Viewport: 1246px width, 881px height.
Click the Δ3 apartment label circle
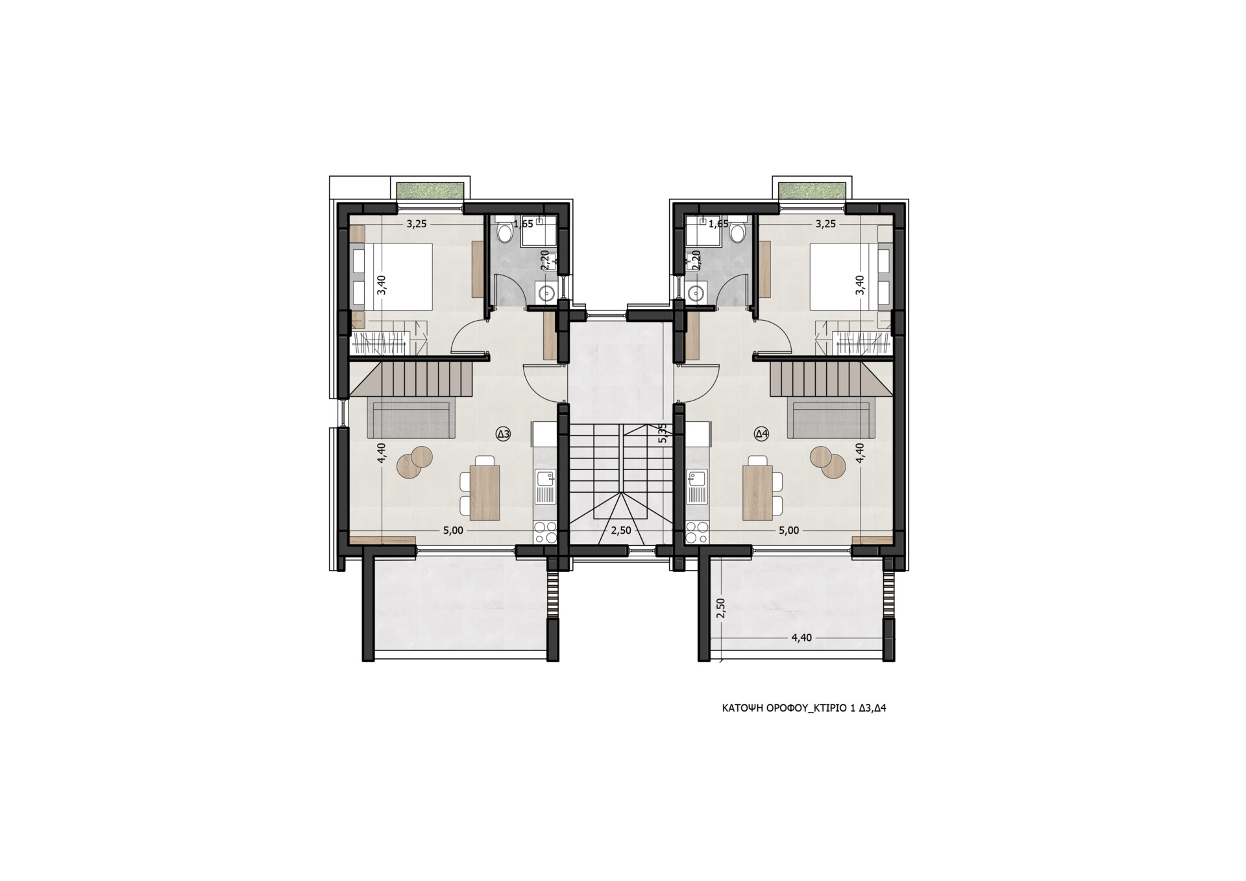(503, 434)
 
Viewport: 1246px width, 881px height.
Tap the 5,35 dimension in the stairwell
(662, 433)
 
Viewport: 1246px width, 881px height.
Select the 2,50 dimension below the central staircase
(621, 530)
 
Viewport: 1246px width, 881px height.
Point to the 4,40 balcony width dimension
(801, 638)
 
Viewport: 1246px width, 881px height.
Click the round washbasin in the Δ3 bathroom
(545, 293)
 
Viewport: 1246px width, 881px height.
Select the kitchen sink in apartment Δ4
(698, 487)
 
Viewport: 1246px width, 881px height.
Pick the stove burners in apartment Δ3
(545, 532)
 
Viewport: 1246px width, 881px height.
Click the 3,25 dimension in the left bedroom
(417, 224)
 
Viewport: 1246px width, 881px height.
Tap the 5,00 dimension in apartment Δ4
(788, 530)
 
